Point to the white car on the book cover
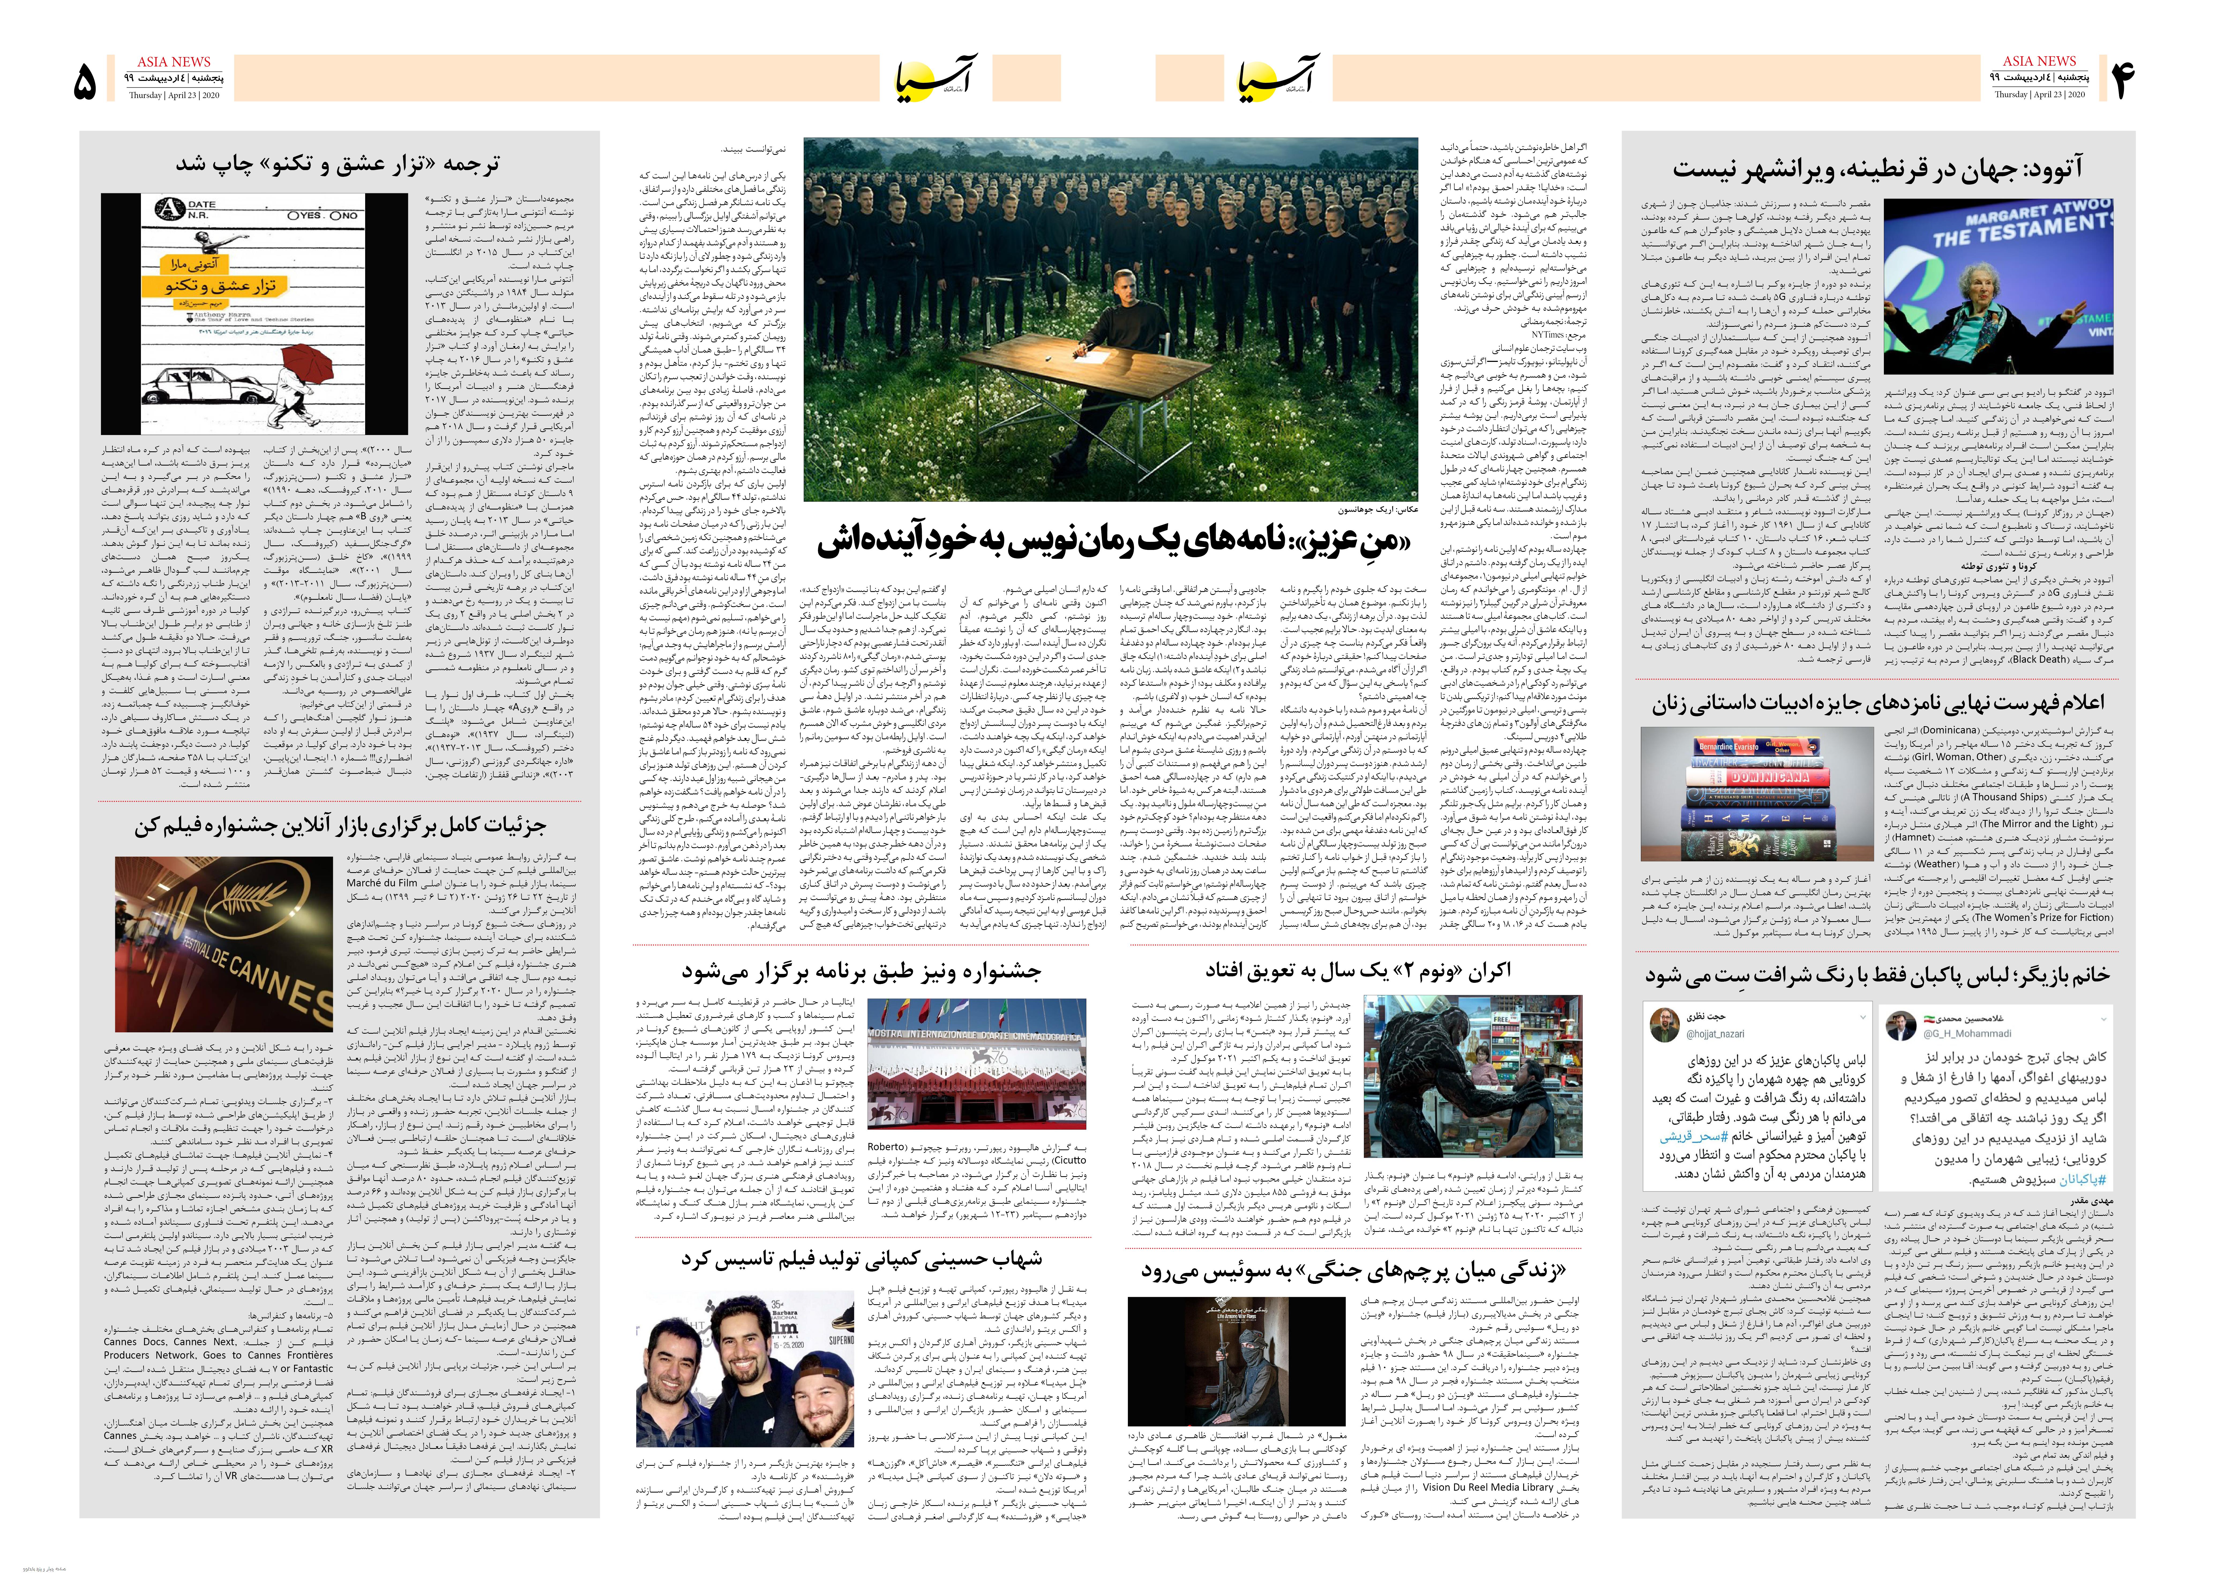pos(195,387)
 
